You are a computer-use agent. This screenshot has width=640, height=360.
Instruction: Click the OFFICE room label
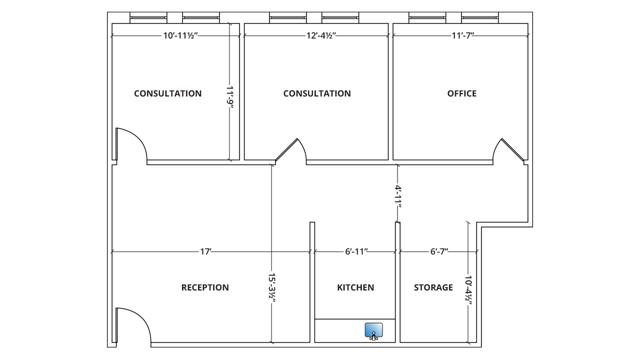(461, 93)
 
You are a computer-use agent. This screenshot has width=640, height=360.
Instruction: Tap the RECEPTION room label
(205, 287)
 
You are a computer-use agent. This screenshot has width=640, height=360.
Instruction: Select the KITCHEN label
(355, 287)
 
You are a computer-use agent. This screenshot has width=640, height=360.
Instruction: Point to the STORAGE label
(433, 287)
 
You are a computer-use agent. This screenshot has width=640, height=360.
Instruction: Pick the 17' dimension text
(205, 251)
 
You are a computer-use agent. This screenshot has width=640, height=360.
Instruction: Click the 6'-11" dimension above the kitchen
(356, 251)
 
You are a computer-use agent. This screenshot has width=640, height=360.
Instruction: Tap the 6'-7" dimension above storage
(439, 251)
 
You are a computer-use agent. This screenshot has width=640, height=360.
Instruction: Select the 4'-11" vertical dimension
(398, 197)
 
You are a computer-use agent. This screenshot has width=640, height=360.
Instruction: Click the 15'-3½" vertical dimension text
(271, 287)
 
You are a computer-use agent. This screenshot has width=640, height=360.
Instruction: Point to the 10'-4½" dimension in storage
(468, 290)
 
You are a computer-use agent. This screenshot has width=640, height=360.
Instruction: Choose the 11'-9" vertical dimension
(230, 97)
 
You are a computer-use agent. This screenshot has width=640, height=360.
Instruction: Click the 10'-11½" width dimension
(180, 35)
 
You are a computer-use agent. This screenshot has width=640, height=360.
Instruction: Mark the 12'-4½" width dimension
(321, 35)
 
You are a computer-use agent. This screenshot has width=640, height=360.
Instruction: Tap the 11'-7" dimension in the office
(463, 35)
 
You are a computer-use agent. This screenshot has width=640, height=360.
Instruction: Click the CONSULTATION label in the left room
(167, 93)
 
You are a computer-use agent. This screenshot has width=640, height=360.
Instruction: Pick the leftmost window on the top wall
(148, 17)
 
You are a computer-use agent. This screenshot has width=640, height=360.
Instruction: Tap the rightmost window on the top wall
(480, 17)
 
